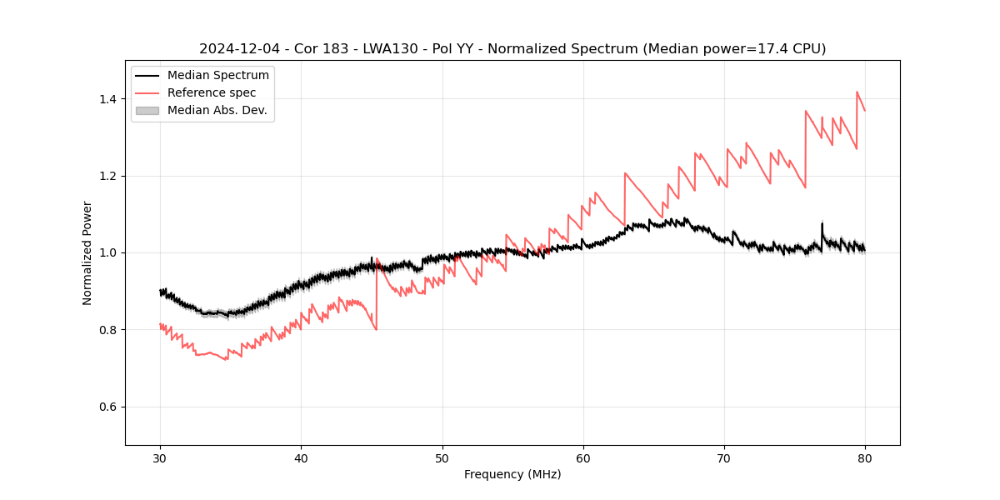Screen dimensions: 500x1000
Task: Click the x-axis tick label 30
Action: [160, 457]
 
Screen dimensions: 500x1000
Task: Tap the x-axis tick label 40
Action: [301, 457]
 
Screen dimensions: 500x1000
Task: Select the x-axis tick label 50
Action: [442, 457]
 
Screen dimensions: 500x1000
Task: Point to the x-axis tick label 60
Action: [582, 457]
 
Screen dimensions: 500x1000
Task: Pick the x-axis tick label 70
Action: [724, 457]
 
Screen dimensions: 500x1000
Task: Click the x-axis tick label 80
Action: [865, 457]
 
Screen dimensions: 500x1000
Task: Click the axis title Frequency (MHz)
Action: [512, 474]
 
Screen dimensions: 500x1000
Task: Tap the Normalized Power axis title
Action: [87, 252]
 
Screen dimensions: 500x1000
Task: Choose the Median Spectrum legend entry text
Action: [217, 76]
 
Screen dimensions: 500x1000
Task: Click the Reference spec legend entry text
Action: [212, 92]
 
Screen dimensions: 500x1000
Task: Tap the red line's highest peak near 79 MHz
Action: [857, 92]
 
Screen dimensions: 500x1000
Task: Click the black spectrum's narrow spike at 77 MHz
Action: [822, 223]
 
